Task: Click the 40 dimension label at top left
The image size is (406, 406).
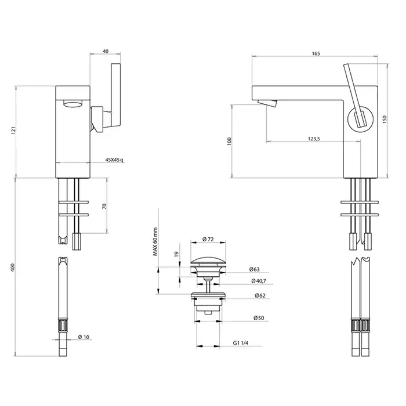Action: tap(105, 51)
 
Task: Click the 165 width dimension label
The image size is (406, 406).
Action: tap(316, 53)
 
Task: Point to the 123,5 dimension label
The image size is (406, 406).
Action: tap(316, 139)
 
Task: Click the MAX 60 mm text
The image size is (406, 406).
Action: tap(155, 242)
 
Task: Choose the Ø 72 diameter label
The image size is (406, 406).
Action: tap(209, 239)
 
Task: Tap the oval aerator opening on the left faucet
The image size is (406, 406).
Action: tap(72, 105)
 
